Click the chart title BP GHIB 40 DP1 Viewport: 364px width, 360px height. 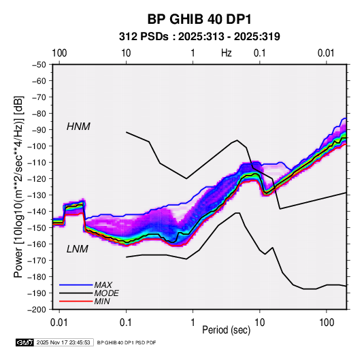pyautogui.click(x=199, y=19)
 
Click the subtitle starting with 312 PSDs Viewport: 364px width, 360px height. pyautogui.click(x=199, y=37)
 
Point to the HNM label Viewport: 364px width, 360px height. pyautogui.click(x=78, y=127)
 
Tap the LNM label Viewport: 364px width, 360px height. pyautogui.click(x=78, y=249)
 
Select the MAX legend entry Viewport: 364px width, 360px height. pyautogui.click(x=103, y=284)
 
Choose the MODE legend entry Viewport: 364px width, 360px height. pyautogui.click(x=107, y=293)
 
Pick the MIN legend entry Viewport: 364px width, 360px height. pyautogui.click(x=102, y=301)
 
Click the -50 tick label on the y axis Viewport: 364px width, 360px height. pyautogui.click(x=39, y=65)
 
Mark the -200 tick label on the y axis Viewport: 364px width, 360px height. pyautogui.click(x=37, y=310)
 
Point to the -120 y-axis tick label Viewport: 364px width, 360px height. pyautogui.click(x=37, y=179)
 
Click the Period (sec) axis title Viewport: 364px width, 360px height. pyautogui.click(x=227, y=330)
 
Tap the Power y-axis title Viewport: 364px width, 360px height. pyautogui.click(x=18, y=187)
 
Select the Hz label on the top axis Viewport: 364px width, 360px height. pyautogui.click(x=227, y=53)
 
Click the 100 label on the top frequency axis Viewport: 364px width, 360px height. pyautogui.click(x=59, y=53)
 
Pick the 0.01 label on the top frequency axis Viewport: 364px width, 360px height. pyautogui.click(x=326, y=53)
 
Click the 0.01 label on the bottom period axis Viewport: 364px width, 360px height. pyautogui.click(x=59, y=323)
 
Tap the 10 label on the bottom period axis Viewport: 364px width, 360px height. pyautogui.click(x=259, y=323)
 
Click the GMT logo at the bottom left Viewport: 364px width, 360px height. pyautogui.click(x=24, y=342)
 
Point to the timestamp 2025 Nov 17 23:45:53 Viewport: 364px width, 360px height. pyautogui.click(x=63, y=342)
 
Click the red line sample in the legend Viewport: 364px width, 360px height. pyautogui.click(x=76, y=301)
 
